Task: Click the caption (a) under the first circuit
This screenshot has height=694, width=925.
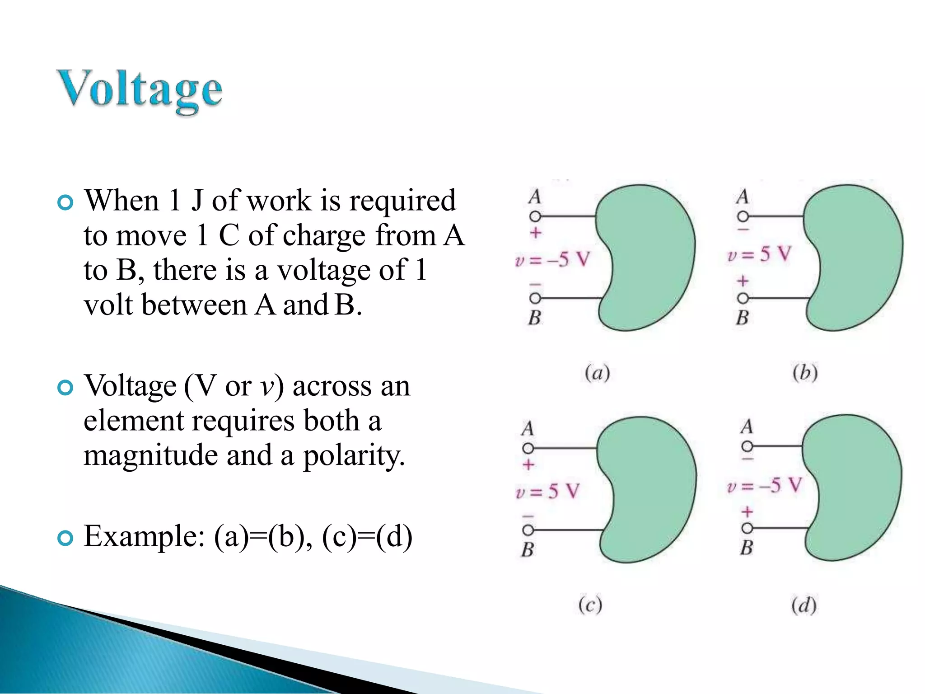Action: point(597,373)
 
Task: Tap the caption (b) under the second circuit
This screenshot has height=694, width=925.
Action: point(805,373)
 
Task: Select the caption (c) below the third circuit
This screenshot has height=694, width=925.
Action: point(590,605)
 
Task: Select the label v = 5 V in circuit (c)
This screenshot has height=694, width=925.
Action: point(547,491)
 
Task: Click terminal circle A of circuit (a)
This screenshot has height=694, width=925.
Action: point(535,216)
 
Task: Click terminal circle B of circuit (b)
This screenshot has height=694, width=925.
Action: point(743,298)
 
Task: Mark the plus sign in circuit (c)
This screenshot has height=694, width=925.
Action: point(528,464)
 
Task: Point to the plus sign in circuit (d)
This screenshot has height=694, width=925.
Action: point(747,511)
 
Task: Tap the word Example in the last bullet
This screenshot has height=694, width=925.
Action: point(144,536)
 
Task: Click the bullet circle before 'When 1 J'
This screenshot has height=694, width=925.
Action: point(65,202)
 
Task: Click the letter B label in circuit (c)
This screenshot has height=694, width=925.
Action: point(528,549)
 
